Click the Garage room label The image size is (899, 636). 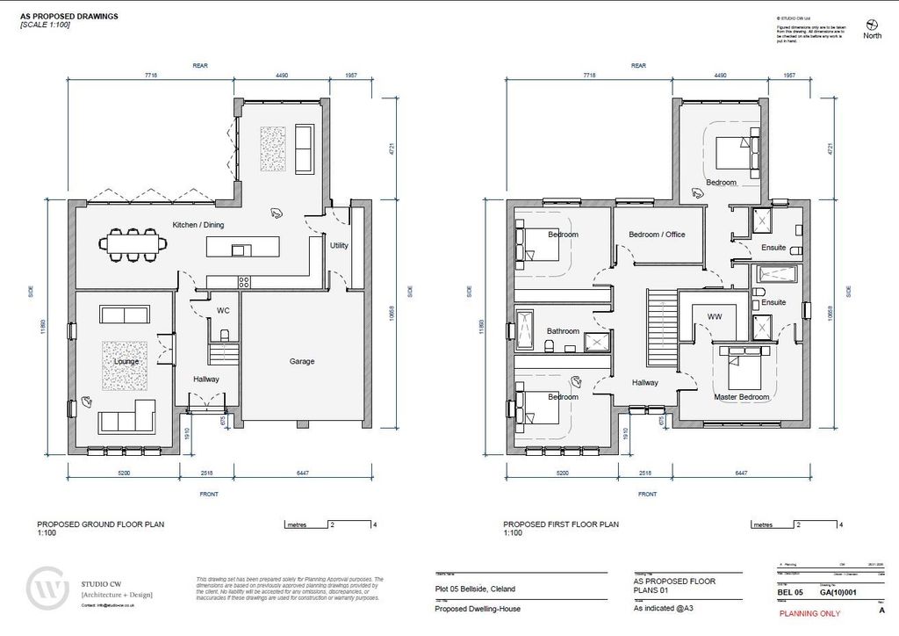(301, 361)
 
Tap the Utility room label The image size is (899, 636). (339, 246)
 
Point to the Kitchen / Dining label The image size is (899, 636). (198, 226)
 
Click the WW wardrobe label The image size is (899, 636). (714, 315)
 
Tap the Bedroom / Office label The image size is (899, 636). (657, 235)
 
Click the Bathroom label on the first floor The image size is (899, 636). (563, 331)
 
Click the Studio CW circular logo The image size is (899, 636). (48, 590)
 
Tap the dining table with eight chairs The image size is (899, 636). (134, 245)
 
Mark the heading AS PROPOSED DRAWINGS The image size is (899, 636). (69, 17)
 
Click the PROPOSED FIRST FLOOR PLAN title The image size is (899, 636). (561, 524)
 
